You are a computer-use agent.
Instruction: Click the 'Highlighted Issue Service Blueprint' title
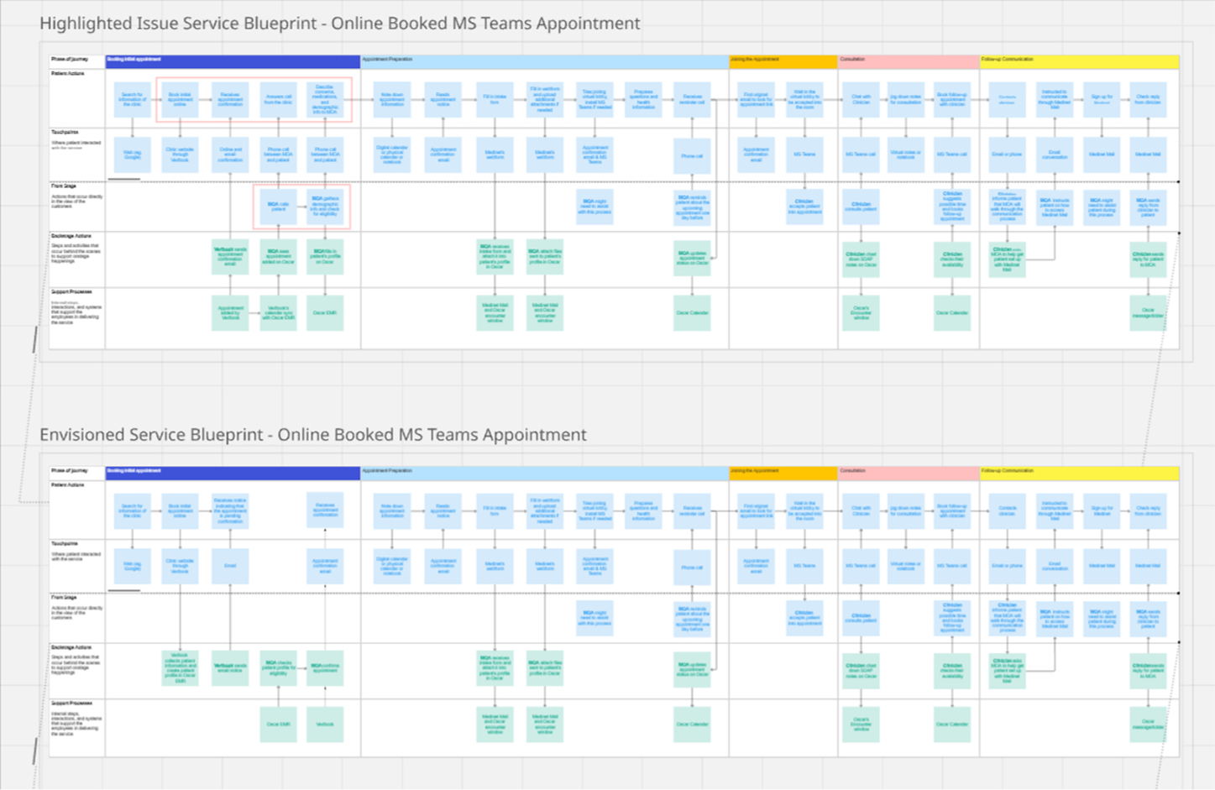(x=339, y=24)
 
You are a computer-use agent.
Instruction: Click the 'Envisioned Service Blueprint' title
(x=313, y=435)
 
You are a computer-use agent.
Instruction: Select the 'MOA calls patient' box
(x=278, y=207)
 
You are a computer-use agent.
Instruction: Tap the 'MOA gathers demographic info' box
(x=325, y=207)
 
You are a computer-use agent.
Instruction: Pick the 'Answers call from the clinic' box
(x=278, y=99)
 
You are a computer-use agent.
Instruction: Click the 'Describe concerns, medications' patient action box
(x=325, y=99)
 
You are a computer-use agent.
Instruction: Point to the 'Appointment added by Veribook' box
(x=230, y=312)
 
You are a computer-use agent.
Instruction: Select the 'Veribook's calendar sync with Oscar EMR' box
(x=278, y=312)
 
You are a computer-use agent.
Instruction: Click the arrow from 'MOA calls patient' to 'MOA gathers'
(x=301, y=207)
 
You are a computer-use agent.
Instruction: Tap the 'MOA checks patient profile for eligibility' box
(x=278, y=668)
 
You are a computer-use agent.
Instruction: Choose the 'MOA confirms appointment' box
(x=325, y=668)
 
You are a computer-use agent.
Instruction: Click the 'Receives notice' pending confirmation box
(x=230, y=510)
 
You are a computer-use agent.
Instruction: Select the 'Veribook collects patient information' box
(x=180, y=668)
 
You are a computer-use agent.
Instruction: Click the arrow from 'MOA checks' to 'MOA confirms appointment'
(x=301, y=668)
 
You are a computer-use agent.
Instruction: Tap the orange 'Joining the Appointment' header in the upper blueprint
(x=783, y=61)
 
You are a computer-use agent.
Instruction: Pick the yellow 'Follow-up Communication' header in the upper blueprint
(x=1079, y=61)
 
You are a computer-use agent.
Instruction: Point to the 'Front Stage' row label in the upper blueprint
(x=64, y=186)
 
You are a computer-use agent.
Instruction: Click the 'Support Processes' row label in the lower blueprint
(x=71, y=704)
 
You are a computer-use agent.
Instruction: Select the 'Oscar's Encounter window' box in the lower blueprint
(x=861, y=724)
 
